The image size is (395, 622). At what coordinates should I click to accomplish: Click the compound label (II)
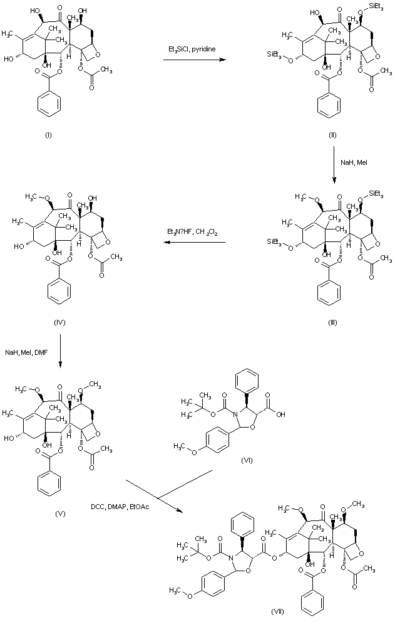pyautogui.click(x=333, y=135)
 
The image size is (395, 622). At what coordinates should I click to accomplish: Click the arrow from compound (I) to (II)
pyautogui.click(x=195, y=60)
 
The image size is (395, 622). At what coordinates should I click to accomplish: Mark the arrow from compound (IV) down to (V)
pyautogui.click(x=59, y=352)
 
